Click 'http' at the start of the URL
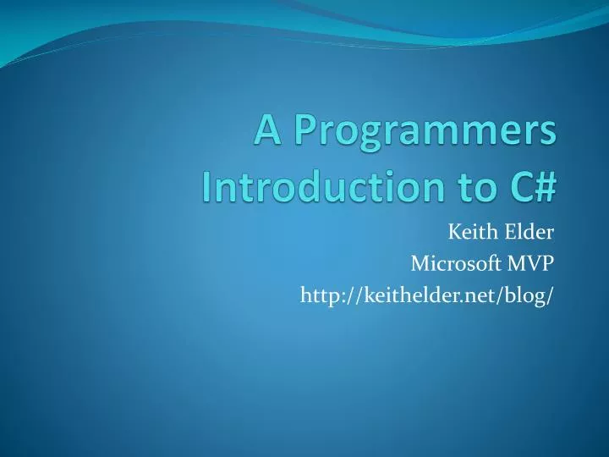click(316, 295)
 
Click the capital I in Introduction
click(208, 184)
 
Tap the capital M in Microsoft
click(420, 264)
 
